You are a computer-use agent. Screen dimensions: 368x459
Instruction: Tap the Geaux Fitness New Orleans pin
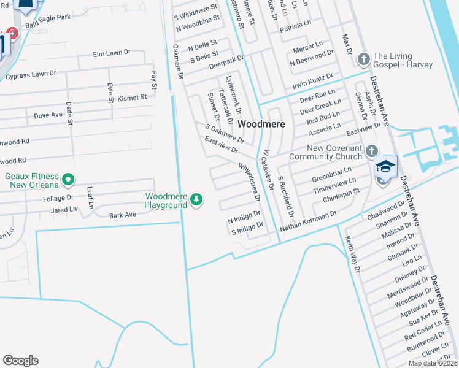click(68, 180)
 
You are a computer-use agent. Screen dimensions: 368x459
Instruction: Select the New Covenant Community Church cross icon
click(371, 150)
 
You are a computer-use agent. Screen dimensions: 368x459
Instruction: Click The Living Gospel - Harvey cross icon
click(363, 59)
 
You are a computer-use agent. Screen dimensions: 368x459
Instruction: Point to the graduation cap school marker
click(385, 167)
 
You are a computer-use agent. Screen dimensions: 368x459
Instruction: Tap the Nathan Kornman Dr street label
click(308, 221)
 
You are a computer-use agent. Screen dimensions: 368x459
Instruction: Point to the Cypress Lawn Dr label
click(31, 75)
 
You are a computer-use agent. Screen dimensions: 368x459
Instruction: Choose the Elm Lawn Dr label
click(112, 54)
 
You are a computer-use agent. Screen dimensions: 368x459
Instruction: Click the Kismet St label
click(133, 98)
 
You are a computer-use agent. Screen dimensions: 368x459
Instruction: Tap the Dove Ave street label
click(48, 115)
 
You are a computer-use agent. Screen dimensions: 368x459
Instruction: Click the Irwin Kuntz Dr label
click(312, 80)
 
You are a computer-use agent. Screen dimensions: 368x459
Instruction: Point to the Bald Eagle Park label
click(48, 18)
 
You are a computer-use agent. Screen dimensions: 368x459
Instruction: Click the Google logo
click(20, 361)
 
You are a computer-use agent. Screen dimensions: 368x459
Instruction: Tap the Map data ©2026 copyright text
click(433, 363)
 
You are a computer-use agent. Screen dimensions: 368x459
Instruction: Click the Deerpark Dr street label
click(226, 61)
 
